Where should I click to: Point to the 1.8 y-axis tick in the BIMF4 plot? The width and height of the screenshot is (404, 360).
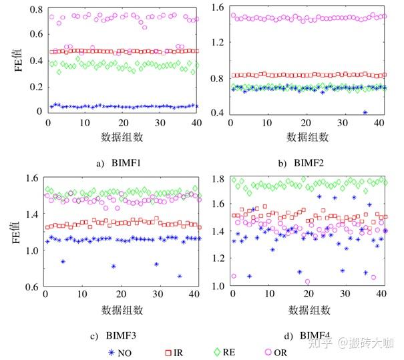pyautogui.click(x=216, y=179)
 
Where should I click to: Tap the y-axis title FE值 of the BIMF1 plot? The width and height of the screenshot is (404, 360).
pyautogui.click(x=11, y=59)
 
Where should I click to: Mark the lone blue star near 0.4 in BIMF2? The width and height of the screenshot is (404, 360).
pyautogui.click(x=365, y=112)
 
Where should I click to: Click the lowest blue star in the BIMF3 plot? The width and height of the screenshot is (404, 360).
pyautogui.click(x=180, y=276)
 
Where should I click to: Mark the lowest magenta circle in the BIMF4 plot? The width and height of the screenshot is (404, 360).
pyautogui.click(x=307, y=282)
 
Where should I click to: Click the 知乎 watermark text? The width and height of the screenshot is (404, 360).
pyautogui.click(x=321, y=343)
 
